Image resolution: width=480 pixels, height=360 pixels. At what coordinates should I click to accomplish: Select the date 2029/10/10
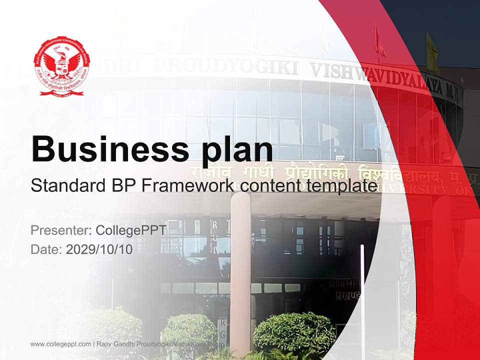coord(99,249)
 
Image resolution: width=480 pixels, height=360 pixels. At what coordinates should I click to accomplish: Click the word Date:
coord(46,249)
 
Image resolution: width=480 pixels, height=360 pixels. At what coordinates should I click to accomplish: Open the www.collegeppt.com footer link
coord(60,344)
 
